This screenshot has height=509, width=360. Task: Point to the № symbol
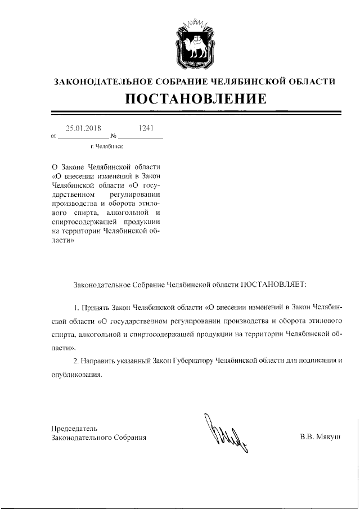tap(113, 136)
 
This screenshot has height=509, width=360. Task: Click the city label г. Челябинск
tap(107, 147)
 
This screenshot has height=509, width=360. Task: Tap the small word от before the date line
tap(53, 136)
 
